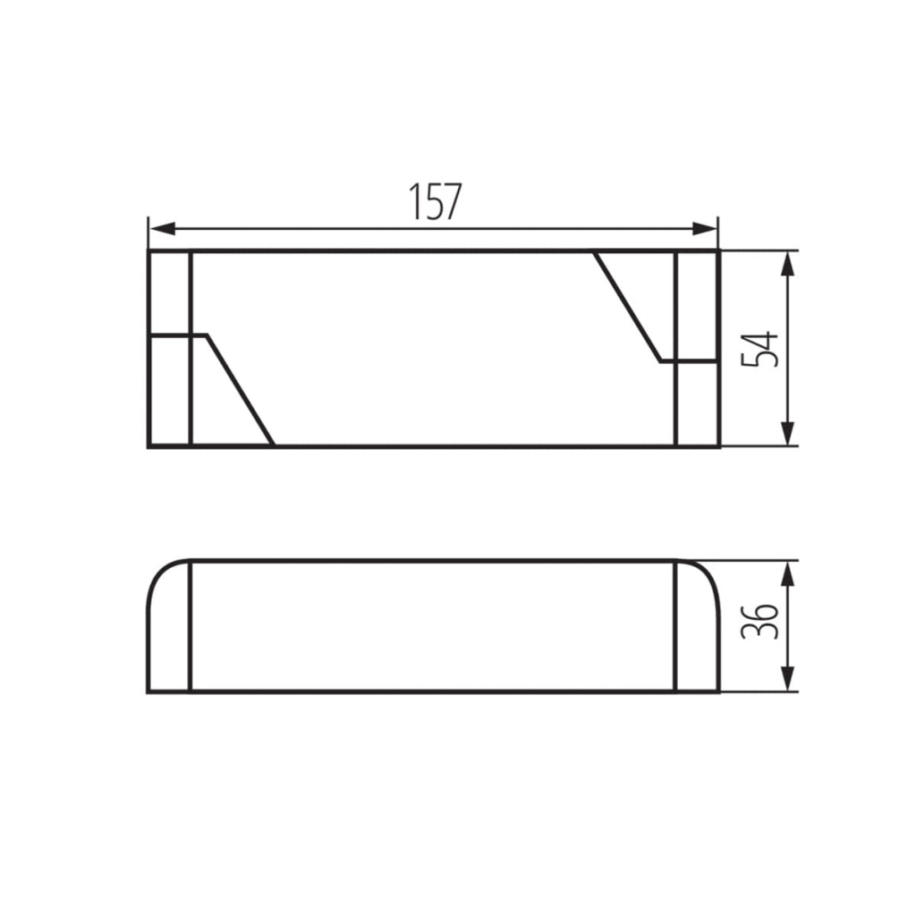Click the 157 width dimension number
[435, 201]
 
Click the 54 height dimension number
[759, 350]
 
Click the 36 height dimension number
[759, 621]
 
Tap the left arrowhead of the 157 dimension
[163, 228]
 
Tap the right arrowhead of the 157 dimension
[705, 228]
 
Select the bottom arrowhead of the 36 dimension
[788, 679]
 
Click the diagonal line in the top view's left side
[240, 390]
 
